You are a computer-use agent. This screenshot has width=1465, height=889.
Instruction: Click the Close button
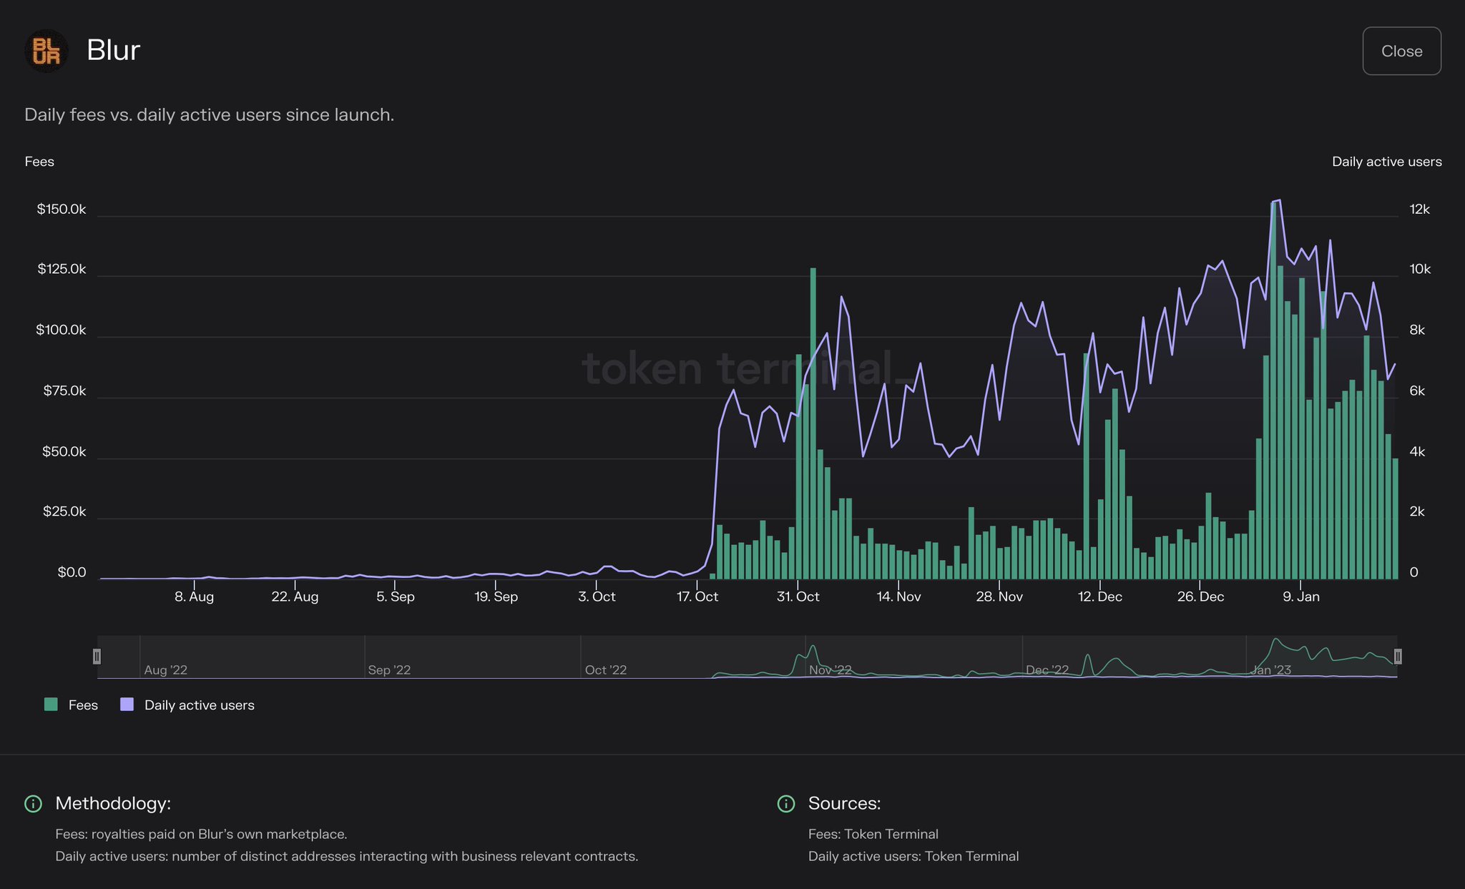coord(1401,51)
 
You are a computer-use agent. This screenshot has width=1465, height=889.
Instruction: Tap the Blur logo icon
coord(46,51)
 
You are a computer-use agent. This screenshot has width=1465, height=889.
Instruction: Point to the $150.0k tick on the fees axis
coord(62,210)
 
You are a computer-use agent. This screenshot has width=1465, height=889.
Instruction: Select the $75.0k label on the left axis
coord(64,391)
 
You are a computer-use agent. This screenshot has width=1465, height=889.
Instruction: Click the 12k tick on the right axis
coord(1419,210)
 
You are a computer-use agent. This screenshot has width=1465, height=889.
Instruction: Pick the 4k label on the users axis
coord(1417,451)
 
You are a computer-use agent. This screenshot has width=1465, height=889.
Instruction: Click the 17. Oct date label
coord(697,596)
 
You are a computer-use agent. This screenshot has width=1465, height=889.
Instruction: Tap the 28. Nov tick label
coord(999,596)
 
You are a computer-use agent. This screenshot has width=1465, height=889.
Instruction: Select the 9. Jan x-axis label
coord(1300,596)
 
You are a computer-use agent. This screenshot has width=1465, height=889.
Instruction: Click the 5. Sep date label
coord(395,596)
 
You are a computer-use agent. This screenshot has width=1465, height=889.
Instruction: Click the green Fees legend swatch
coord(51,704)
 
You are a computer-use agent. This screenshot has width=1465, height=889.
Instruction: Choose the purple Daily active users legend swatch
coord(127,704)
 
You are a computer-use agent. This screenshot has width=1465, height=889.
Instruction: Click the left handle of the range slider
coord(97,656)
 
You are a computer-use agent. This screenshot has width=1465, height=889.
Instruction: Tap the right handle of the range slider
coord(1398,656)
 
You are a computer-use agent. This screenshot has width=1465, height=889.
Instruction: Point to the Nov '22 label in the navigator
coord(830,670)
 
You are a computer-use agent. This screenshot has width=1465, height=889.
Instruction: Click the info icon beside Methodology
coord(33,804)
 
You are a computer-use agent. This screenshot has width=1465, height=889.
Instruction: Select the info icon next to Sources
coord(785,804)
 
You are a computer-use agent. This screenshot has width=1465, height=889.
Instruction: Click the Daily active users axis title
coord(1386,162)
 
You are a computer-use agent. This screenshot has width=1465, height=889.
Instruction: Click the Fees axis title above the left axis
coord(39,162)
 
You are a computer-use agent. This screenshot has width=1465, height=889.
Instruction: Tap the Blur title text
coord(113,50)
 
